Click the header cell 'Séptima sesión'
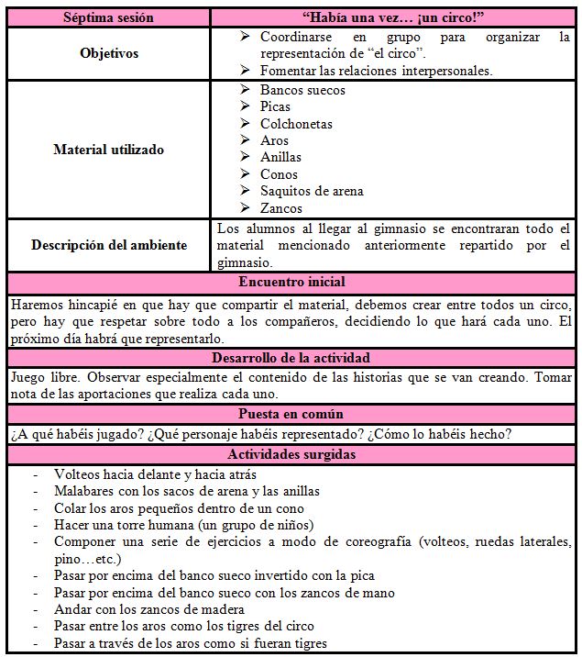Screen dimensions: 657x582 pos(108,17)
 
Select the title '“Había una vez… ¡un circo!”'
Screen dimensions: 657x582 pos(394,17)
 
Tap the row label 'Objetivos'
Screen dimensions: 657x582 pos(109,53)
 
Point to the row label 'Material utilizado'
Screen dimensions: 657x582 pos(109,150)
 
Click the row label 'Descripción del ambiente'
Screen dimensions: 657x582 pos(109,245)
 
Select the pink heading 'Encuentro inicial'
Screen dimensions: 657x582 pos(291,282)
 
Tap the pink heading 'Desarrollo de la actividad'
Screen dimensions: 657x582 pos(291,358)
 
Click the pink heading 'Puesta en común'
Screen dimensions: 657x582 pos(291,414)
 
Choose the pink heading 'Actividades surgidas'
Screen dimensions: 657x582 pos(291,453)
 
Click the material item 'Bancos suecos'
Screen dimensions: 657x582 pos(302,90)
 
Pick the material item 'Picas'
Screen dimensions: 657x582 pos(275,106)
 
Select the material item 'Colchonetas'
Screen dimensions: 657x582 pos(296,124)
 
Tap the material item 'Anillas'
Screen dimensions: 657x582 pos(280,157)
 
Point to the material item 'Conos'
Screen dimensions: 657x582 pos(279,174)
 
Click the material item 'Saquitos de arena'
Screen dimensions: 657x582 pos(312,191)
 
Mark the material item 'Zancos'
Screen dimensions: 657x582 pos(280,208)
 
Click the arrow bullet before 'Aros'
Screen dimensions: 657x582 pos(244,140)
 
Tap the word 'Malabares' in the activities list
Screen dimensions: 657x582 pos(84,492)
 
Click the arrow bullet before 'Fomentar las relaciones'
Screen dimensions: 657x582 pos(244,70)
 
